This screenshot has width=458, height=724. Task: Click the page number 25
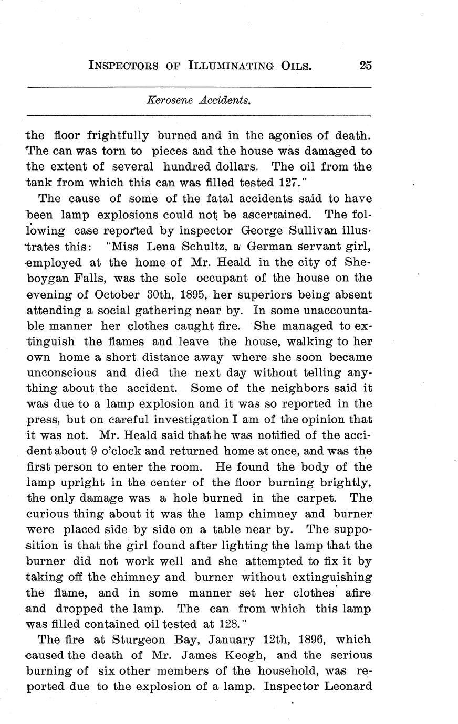366,66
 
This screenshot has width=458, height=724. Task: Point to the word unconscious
61,372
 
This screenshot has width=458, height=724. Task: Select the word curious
48,514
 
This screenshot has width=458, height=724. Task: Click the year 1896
306,640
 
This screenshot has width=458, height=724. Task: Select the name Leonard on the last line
348,687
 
